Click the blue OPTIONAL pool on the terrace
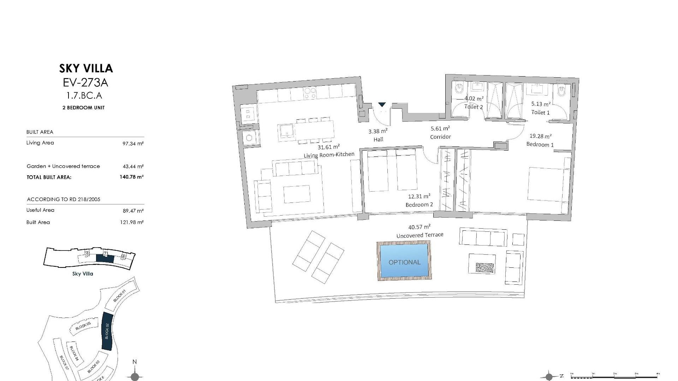[x=404, y=261]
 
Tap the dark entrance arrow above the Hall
[x=382, y=104]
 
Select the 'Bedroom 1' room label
[x=540, y=144]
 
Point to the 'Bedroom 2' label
[x=419, y=205]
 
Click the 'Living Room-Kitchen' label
[x=329, y=155]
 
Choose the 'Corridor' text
[x=440, y=137]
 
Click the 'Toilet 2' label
[x=473, y=107]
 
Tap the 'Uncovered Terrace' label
[x=420, y=235]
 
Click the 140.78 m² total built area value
[x=131, y=177]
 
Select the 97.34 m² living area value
[x=133, y=144]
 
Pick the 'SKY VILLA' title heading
[x=86, y=68]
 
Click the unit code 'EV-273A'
[x=85, y=83]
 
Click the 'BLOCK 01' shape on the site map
[x=120, y=296]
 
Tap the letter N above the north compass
[x=134, y=362]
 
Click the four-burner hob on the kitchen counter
[x=310, y=93]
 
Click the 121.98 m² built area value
[x=132, y=222]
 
